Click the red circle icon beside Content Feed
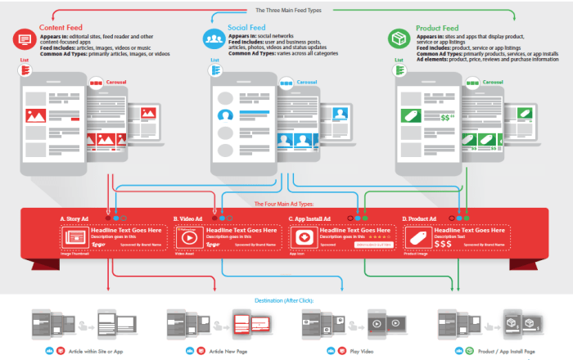[x=25, y=38]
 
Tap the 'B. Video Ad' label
[x=187, y=218]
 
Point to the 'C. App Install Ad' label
[x=310, y=218]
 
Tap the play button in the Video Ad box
[x=189, y=238]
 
